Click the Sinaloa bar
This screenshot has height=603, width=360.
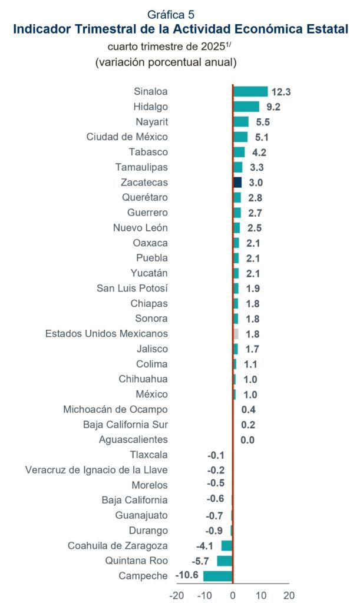pyautogui.click(x=250, y=92)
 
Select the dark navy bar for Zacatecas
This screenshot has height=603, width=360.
pyautogui.click(x=237, y=183)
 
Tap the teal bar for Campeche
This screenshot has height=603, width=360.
pyautogui.click(x=218, y=576)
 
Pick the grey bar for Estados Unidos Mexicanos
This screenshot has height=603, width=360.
pyautogui.click(x=236, y=334)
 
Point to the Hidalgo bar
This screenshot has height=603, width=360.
pyautogui.click(x=246, y=107)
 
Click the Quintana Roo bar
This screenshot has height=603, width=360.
pyautogui.click(x=225, y=561)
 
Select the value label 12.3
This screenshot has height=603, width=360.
pyautogui.click(x=282, y=92)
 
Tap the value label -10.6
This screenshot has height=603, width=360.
pyautogui.click(x=187, y=576)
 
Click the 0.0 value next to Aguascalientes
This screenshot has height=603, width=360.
pyautogui.click(x=247, y=439)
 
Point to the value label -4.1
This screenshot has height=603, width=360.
pyautogui.click(x=209, y=546)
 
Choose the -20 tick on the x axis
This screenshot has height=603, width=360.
pyautogui.click(x=177, y=595)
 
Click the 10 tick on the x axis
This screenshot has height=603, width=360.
pyautogui.click(x=261, y=595)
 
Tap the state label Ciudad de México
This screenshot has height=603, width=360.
pyautogui.click(x=127, y=137)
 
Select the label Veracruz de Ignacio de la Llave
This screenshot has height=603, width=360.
pyautogui.click(x=97, y=470)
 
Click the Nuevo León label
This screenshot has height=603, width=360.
pyautogui.click(x=140, y=228)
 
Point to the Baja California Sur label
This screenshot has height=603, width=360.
pyautogui.click(x=125, y=425)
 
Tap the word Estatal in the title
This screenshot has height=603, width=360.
pyautogui.click(x=322, y=28)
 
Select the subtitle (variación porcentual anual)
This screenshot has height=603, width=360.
pyautogui.click(x=166, y=61)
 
